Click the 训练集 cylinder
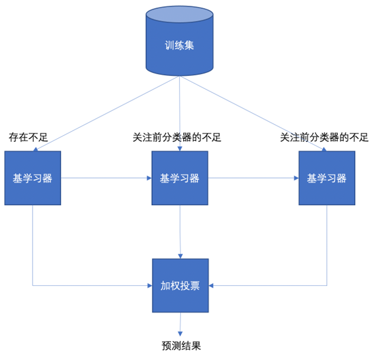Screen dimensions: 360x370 pos(180,45)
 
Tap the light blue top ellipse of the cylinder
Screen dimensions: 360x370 pos(180,15)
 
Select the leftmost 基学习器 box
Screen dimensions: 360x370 pos(33,178)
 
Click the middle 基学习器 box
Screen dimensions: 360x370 pos(180,178)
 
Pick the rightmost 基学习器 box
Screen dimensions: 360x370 pos(327,178)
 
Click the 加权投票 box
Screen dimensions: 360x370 pos(180,285)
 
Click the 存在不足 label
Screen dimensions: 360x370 pos(28,138)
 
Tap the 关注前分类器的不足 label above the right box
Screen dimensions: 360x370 pos(324,138)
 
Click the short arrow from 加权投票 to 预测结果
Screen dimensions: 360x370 pos(180,325)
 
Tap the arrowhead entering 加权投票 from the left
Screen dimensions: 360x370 pos(149,285)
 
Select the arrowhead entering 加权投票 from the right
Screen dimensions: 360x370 pos(212,285)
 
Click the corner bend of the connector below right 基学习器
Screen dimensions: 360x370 pos(327,285)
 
